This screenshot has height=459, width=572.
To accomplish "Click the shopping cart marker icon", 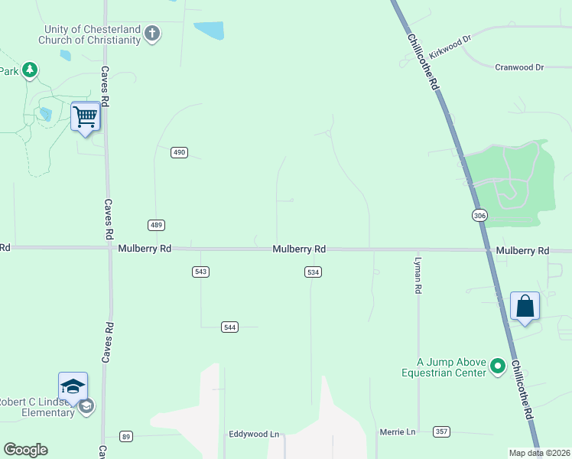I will pos(86,117).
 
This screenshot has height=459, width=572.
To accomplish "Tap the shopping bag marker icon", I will pos(525,306).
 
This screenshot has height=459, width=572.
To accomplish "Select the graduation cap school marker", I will pos(73,386).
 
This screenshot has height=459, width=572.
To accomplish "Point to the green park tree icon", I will pos(30,70).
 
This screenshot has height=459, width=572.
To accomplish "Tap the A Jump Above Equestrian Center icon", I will pos(499,367).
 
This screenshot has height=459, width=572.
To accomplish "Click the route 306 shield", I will pos(479,216).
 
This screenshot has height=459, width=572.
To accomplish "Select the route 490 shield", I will pos(179,152).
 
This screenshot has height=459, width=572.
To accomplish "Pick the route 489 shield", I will pos(156,225).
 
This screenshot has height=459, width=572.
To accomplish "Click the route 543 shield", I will pos(201,272).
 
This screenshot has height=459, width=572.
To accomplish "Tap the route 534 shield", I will pos(312,272).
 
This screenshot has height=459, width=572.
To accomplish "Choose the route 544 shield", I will pos(230,327).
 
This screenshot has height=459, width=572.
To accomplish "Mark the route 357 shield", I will pos(440,431).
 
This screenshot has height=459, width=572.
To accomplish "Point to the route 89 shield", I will pos(126,436).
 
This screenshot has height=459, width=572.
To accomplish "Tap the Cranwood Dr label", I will pos(518,67).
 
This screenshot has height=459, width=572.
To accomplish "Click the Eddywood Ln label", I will pos(254,434).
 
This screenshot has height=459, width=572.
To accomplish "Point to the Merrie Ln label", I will pos(397,432).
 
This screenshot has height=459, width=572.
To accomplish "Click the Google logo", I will pos(25,450).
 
